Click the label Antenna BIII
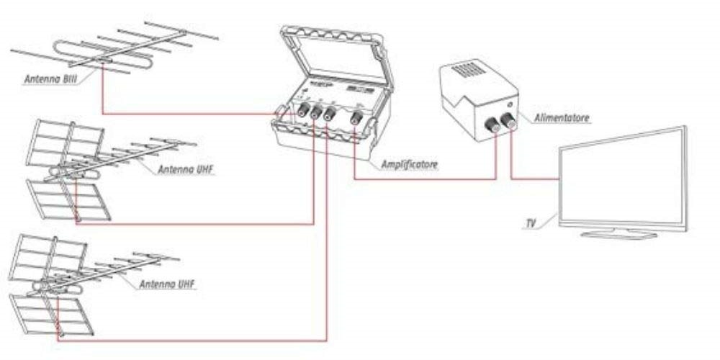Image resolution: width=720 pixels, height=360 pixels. pos(48,81)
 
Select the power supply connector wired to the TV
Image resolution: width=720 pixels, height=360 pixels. pos(510,124)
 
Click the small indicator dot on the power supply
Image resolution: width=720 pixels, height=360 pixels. pos(510,105)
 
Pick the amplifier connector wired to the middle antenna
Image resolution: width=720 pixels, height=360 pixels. pos(314,114)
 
